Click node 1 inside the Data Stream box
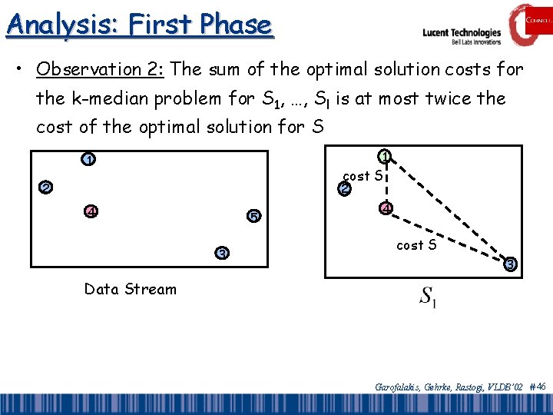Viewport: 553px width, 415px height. click(x=90, y=160)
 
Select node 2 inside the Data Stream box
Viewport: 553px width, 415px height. click(x=46, y=188)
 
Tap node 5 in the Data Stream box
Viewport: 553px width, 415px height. click(x=253, y=215)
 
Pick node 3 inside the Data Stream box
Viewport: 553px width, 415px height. click(x=221, y=254)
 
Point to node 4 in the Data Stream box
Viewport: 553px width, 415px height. click(x=91, y=211)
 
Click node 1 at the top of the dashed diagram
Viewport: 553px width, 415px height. click(x=386, y=156)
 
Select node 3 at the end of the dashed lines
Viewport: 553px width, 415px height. click(x=510, y=264)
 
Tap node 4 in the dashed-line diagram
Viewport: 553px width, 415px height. click(x=386, y=208)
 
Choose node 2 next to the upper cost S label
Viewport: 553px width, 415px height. click(x=345, y=188)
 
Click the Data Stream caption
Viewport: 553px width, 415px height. click(x=130, y=290)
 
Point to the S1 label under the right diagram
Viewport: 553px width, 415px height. click(x=428, y=296)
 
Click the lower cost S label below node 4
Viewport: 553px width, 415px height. click(x=416, y=246)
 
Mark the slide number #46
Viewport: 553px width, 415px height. click(x=537, y=387)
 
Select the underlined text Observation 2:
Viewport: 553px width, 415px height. click(x=101, y=69)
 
